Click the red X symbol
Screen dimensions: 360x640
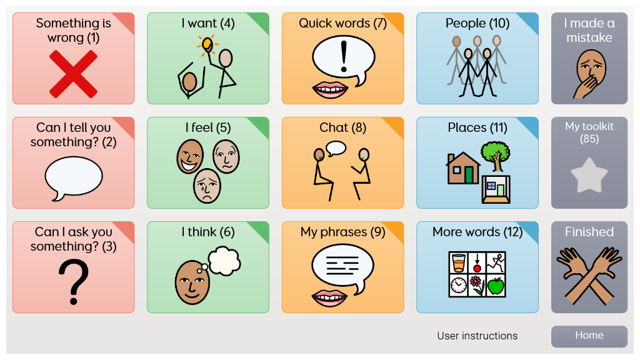[73, 74]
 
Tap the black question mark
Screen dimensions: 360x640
[73, 281]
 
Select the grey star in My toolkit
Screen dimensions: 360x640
[589, 176]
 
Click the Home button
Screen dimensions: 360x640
[589, 336]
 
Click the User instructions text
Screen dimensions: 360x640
[477, 336]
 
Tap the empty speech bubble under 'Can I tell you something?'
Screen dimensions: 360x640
[73, 177]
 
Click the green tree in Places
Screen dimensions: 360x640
[495, 154]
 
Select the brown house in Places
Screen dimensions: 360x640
[462, 169]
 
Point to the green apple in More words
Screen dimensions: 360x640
[496, 286]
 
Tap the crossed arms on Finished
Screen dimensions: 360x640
[589, 275]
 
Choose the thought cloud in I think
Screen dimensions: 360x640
[224, 260]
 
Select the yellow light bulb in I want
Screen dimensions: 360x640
[206, 44]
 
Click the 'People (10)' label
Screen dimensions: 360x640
[477, 23]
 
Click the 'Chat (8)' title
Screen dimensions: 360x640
[342, 127]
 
